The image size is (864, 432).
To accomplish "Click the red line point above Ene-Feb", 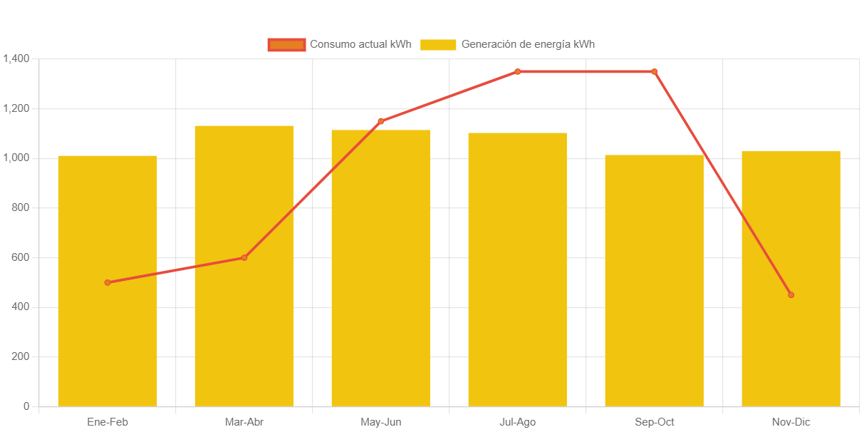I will [108, 282].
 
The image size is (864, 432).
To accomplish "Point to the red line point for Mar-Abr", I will [244, 257].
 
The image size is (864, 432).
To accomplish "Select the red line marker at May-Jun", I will [381, 121].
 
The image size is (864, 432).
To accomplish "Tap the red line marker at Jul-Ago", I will [517, 71].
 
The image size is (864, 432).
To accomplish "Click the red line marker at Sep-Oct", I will [655, 71].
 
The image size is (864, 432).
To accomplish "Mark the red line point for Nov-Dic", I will [791, 294].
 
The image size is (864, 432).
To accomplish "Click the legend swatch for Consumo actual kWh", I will [286, 44].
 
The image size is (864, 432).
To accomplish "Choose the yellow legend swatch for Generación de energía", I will [438, 44].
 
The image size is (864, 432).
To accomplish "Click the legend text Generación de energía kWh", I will [528, 44].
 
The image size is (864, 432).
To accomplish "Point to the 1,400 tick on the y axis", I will [16, 58].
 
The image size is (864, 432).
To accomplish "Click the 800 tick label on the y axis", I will [20, 207].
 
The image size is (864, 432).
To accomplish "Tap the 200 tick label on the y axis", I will [20, 356].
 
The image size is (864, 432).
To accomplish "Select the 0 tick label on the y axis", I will [26, 406].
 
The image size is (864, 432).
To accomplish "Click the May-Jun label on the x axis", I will [381, 422].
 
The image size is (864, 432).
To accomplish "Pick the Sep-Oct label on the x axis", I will [655, 422].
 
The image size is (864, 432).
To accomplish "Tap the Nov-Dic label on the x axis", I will [791, 422].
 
